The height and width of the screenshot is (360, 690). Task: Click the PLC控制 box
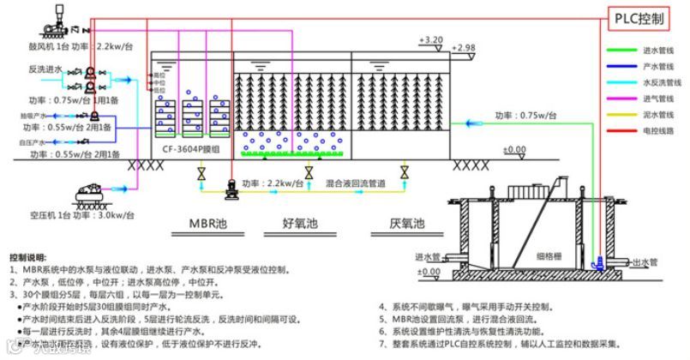[x=645, y=19]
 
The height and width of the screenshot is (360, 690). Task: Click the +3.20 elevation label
[x=431, y=40]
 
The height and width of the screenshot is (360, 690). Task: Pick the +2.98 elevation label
[x=463, y=47]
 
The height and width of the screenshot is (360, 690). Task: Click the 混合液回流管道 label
[x=356, y=183]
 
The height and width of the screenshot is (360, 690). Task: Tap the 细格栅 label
[x=549, y=255]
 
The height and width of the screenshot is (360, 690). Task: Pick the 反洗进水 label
[x=43, y=69]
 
